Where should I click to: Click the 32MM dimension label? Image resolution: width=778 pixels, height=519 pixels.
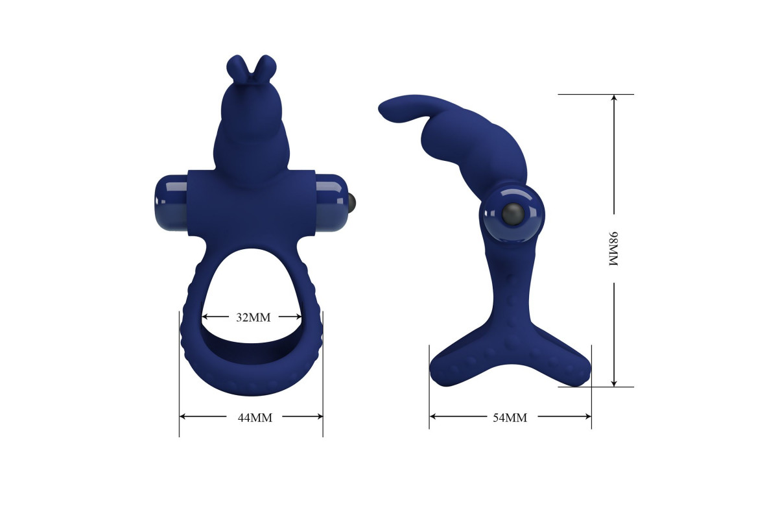pos(253,317)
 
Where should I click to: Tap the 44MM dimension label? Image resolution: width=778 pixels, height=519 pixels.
pos(255,418)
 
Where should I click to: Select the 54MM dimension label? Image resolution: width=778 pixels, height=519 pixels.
pos(510,418)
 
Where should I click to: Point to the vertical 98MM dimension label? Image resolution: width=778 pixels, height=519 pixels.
pos(614,248)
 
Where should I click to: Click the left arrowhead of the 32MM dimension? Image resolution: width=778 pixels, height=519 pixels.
pos(205,317)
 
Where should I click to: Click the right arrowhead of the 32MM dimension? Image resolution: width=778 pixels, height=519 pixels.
pos(298,317)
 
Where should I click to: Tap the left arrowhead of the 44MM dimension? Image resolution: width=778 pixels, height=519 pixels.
pos(183,416)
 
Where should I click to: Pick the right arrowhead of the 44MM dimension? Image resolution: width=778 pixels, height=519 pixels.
pos(320,416)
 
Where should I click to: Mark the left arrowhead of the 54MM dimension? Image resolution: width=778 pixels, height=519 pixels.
pos(433,416)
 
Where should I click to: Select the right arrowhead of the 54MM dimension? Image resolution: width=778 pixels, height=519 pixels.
pos(587,416)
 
